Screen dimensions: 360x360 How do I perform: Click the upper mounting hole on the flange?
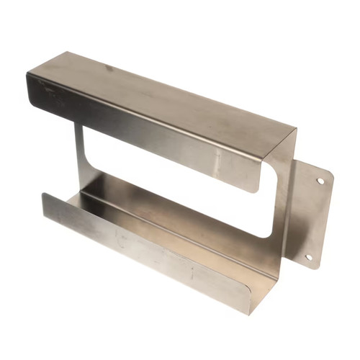tap(320, 181)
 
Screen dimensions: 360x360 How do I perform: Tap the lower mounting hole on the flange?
tap(308, 256)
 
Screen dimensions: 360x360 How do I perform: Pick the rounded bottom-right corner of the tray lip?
tap(251, 310)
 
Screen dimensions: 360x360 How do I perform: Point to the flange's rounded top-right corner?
tap(330, 174)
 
